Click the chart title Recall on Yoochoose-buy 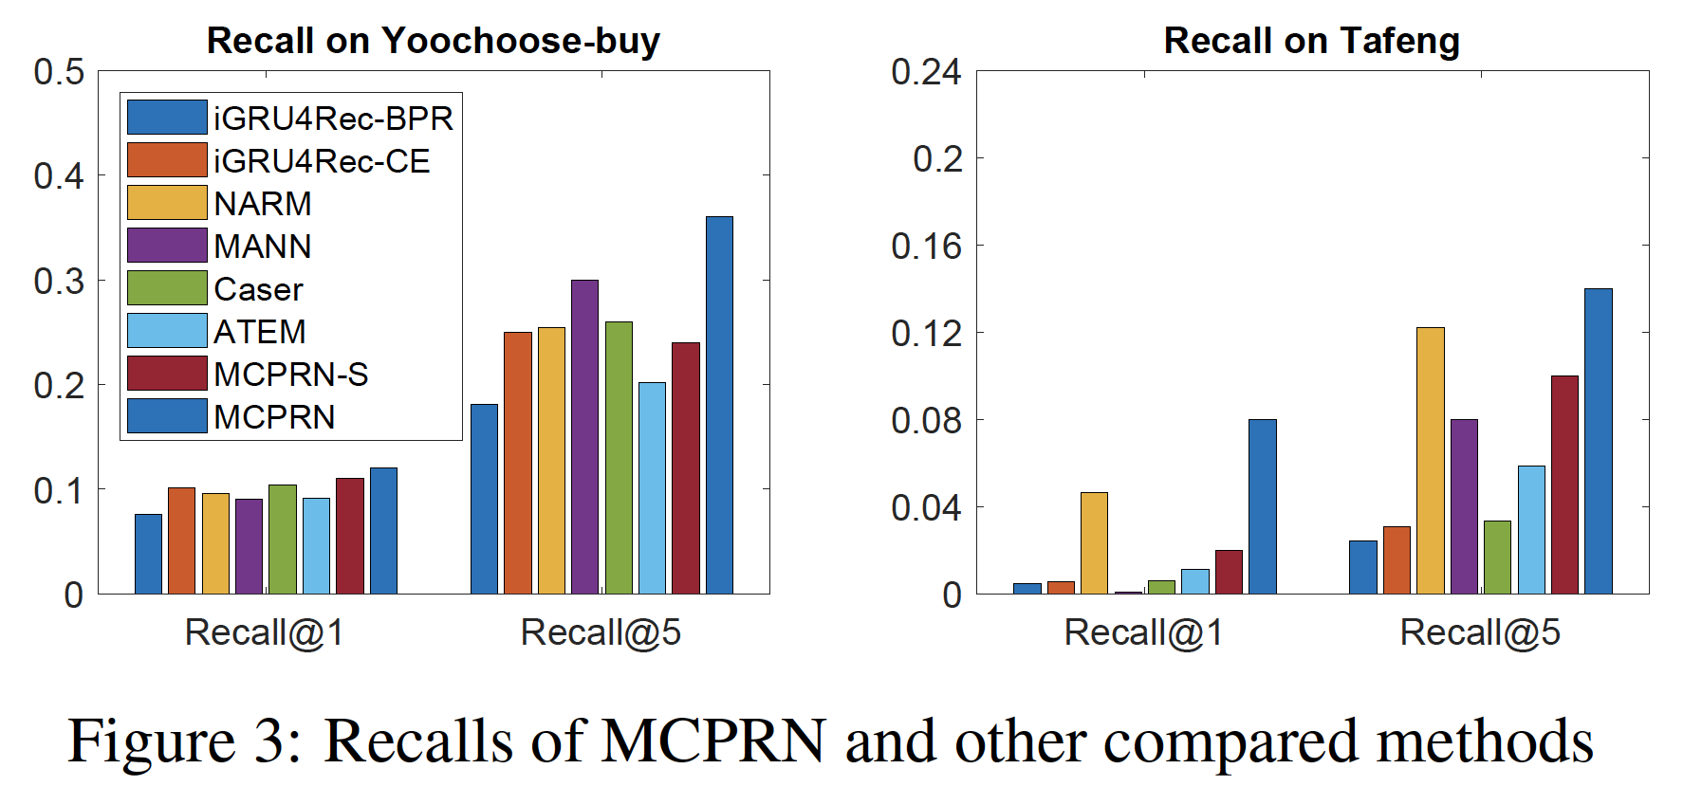point(433,41)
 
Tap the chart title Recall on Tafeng point(1311,41)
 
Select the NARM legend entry point(263,204)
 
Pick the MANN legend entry point(263,247)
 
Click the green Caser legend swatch point(167,288)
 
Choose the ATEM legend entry point(260,332)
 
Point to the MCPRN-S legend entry point(290,375)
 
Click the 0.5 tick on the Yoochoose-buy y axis point(59,72)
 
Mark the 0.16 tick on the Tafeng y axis point(926,247)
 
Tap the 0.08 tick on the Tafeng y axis point(926,420)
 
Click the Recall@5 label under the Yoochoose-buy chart point(601,632)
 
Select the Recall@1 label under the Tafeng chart point(1143,632)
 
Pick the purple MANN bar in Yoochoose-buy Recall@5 point(584,437)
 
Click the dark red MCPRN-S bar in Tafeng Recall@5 point(1564,485)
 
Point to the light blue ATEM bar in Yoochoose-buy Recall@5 point(652,488)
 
